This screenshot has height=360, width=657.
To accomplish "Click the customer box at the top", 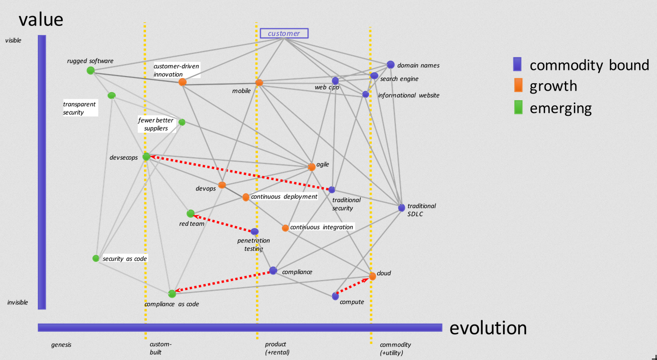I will [284, 33].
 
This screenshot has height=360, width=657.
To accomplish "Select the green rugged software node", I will [91, 70].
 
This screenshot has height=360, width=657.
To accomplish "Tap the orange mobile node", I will [259, 83].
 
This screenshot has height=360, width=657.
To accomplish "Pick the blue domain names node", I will [391, 65].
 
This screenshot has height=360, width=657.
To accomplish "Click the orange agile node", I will [311, 167].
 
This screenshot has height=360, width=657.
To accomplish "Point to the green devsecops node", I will [146, 156].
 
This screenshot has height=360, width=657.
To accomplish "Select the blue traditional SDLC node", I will [401, 207].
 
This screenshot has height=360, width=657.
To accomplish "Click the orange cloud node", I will [372, 276].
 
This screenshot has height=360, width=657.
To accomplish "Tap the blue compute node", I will [335, 296].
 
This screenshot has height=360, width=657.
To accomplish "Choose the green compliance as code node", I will [172, 294].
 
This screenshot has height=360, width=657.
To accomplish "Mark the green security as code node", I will [96, 258].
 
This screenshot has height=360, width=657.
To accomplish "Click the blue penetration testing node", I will [255, 231].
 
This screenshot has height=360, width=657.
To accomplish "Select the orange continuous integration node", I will [285, 228].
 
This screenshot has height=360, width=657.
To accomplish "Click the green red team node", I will [190, 214].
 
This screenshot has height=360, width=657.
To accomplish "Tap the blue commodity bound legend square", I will [517, 64].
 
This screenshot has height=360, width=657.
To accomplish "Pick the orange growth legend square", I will [517, 86].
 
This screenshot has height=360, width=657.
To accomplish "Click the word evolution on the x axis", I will [488, 328].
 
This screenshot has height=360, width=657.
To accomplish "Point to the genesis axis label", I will [61, 345].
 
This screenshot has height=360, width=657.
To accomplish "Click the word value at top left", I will [41, 19].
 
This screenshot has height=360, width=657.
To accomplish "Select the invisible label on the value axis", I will [17, 302].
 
